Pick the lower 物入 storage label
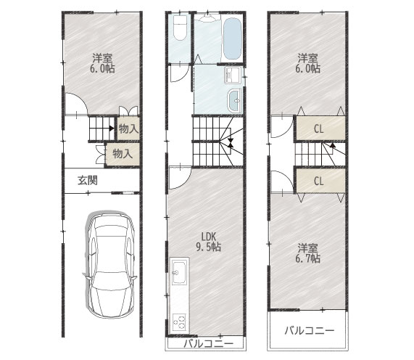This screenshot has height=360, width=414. tap(123, 154)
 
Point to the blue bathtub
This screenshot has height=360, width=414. tap(231, 37)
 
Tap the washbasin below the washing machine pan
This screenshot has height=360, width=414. tap(236, 101)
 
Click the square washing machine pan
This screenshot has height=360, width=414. tap(233, 75)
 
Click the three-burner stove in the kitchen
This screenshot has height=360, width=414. tap(178, 320)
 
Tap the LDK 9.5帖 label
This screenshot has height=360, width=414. tap(210, 240)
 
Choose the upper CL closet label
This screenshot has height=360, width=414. tap(318, 129)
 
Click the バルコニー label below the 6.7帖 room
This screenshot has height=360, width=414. tap(309, 331)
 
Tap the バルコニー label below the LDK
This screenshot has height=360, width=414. tap(207, 344)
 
